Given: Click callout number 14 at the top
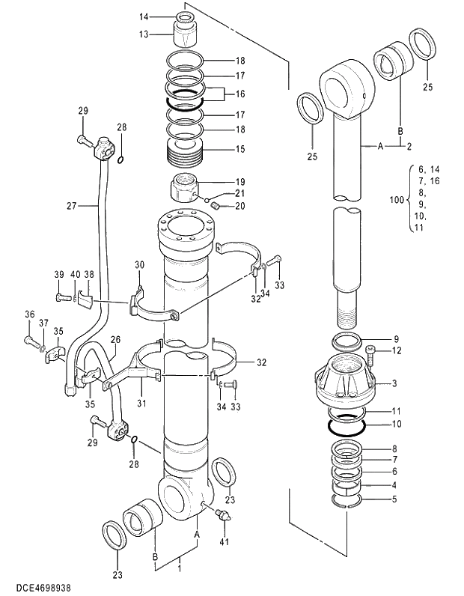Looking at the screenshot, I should [144, 16].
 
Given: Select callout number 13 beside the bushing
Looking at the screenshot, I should [144, 34].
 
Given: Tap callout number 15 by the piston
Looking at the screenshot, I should [240, 149].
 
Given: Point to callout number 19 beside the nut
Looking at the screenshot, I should [240, 182].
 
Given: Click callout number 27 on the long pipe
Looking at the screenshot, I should [92, 204].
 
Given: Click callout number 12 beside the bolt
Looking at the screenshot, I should [397, 350].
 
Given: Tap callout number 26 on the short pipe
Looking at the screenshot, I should [115, 339].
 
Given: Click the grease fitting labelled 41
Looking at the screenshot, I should [223, 515].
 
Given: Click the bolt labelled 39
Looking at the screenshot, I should [62, 298].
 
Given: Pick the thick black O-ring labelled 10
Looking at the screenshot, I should [347, 425].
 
